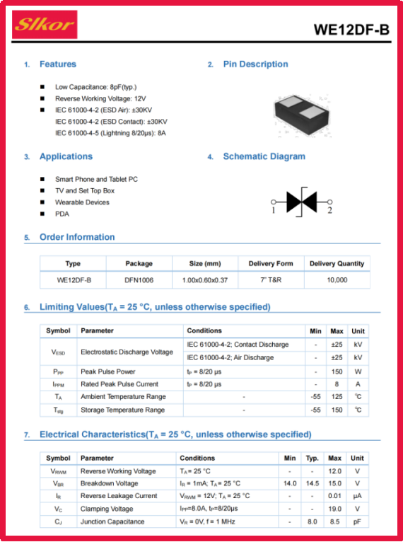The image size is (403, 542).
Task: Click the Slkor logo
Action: pos(45,25)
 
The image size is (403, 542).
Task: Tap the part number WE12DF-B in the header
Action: pos(351,30)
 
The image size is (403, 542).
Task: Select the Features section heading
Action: pos(58,64)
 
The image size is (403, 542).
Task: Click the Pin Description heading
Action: pos(255,64)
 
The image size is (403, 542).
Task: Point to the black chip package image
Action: pos(302,115)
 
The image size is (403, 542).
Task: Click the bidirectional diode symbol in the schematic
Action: pos(301,202)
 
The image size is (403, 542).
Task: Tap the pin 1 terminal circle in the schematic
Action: pos(274,202)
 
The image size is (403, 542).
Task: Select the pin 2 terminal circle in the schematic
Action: pos(329,202)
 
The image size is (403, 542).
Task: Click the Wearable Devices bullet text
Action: pos(82,202)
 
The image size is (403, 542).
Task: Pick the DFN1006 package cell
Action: pos(139,280)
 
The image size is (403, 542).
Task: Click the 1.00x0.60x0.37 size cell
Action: pos(205,280)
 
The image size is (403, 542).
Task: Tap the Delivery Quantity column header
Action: pos(337,264)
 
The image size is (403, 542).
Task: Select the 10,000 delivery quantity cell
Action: pos(337,280)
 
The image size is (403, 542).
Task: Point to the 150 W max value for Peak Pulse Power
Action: pos(337,371)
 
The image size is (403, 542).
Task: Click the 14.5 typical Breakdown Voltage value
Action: pos(313,483)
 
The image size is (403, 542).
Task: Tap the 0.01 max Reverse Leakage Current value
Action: pos(334,496)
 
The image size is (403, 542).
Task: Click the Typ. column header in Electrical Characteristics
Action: pos(313,459)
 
